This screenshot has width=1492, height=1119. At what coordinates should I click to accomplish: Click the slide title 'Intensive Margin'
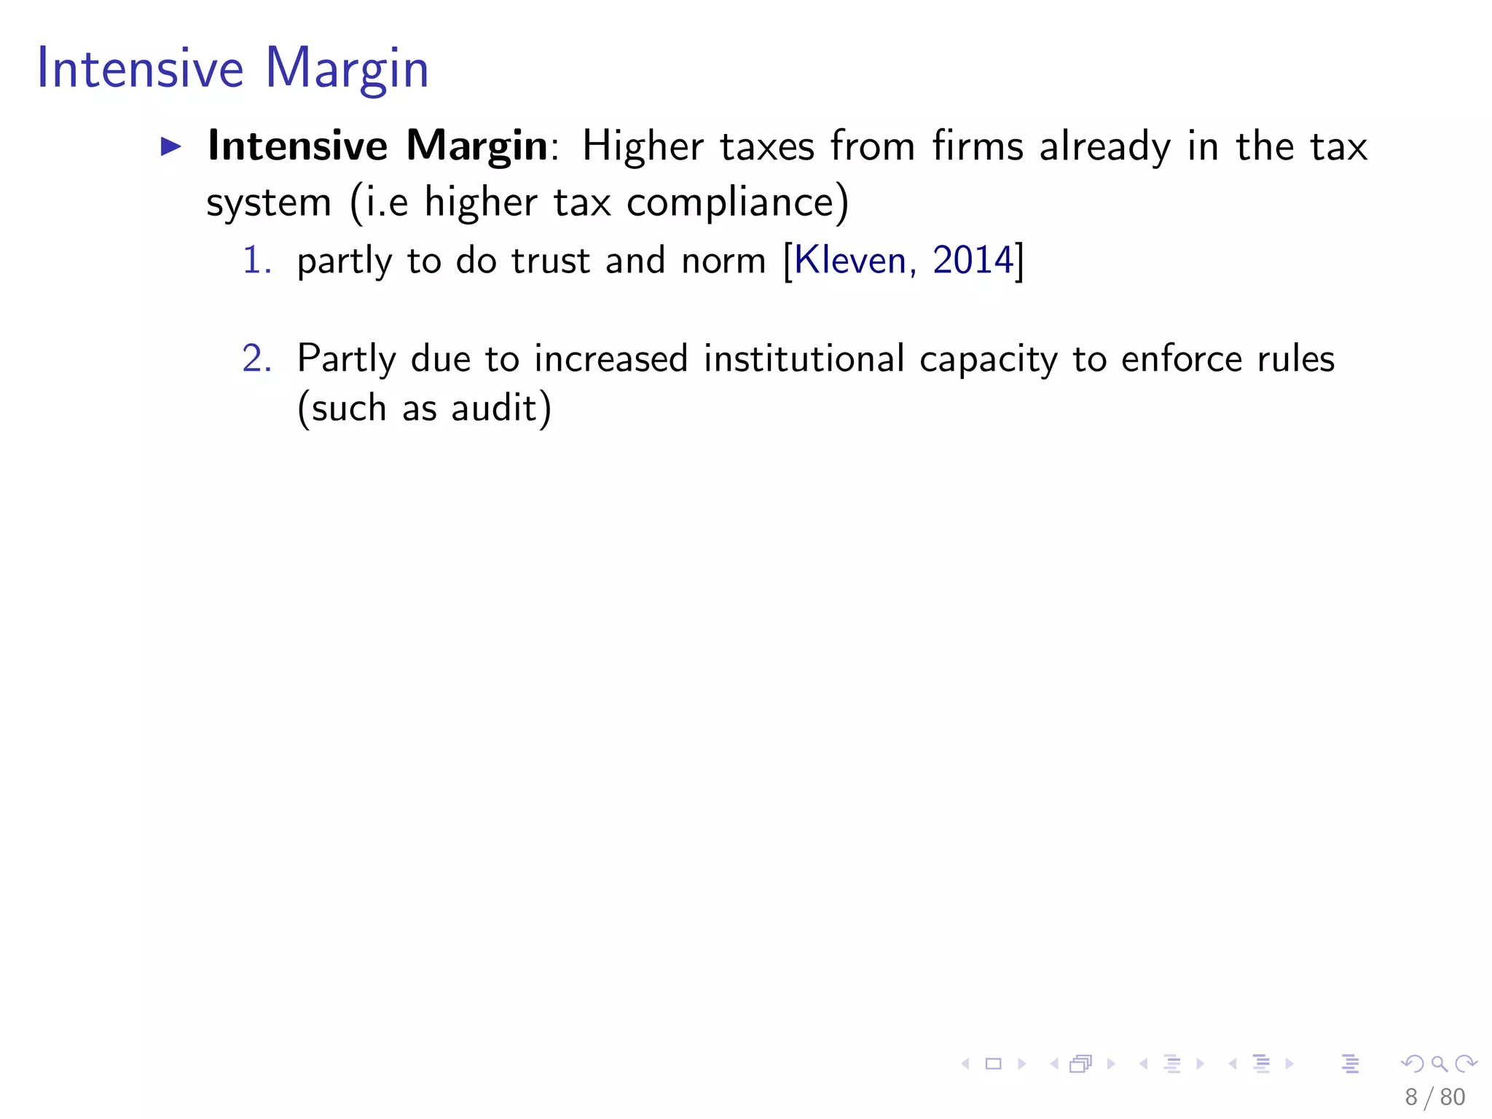click(x=232, y=68)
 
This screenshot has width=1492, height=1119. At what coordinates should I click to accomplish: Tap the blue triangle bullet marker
click(x=171, y=146)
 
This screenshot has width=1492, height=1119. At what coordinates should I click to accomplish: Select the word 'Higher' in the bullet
click(x=643, y=146)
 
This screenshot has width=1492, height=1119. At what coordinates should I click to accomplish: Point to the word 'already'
click(x=1104, y=146)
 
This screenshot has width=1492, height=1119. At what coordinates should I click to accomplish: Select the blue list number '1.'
click(x=256, y=260)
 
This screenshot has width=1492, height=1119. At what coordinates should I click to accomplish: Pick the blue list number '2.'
click(x=256, y=358)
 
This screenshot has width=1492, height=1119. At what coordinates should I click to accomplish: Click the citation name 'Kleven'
click(x=849, y=260)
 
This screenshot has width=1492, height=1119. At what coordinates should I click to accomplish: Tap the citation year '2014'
click(x=973, y=260)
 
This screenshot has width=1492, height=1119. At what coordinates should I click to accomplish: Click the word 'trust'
click(x=550, y=260)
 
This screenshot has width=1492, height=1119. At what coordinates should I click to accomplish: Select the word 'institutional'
click(x=804, y=358)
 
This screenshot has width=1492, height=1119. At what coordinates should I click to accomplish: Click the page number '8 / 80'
click(x=1434, y=1097)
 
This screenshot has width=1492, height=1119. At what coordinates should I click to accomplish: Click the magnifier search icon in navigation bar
click(x=1439, y=1064)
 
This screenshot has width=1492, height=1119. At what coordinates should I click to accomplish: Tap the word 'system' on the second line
click(x=269, y=203)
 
